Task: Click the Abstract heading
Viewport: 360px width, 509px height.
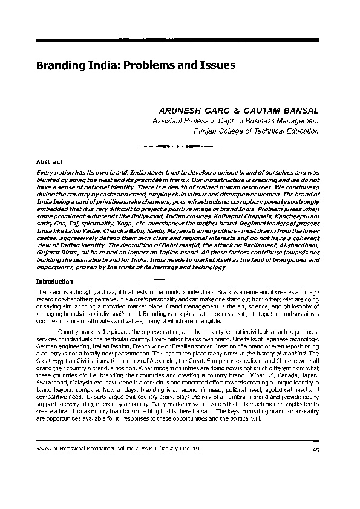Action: (x=50, y=162)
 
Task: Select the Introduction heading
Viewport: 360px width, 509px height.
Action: (x=55, y=282)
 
